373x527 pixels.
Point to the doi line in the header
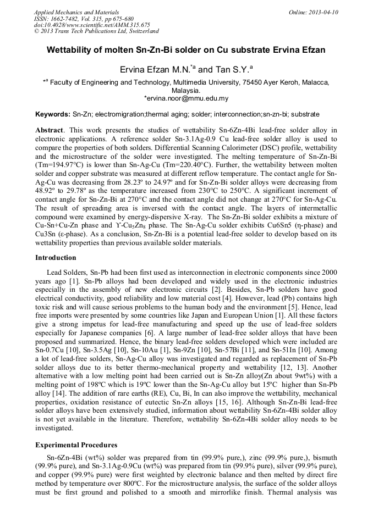(x=92, y=25)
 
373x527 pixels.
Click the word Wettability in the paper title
(x=74, y=50)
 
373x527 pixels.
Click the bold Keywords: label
(x=53, y=114)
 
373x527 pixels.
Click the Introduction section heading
(x=56, y=258)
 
